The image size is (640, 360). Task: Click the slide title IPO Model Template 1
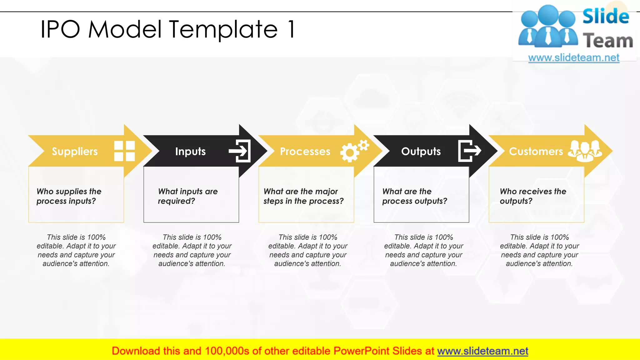[167, 29]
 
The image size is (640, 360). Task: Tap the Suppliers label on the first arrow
[75, 152]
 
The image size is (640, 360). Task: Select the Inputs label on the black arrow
[190, 152]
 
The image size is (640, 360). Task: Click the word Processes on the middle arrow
[305, 152]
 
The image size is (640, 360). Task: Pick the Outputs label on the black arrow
[421, 152]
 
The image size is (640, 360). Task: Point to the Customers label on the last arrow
[536, 152]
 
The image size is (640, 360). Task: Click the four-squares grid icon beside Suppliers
[124, 151]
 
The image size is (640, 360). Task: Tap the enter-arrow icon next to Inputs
[240, 151]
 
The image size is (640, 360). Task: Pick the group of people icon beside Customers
[585, 151]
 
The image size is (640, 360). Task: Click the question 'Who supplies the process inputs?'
[69, 196]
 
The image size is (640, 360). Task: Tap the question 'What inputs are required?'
[188, 196]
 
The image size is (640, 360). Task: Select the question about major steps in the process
[303, 196]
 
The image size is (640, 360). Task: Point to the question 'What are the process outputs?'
[415, 196]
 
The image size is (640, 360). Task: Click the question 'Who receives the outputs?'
[533, 196]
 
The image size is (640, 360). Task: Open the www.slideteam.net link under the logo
[574, 58]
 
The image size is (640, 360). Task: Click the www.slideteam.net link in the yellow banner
[482, 351]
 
